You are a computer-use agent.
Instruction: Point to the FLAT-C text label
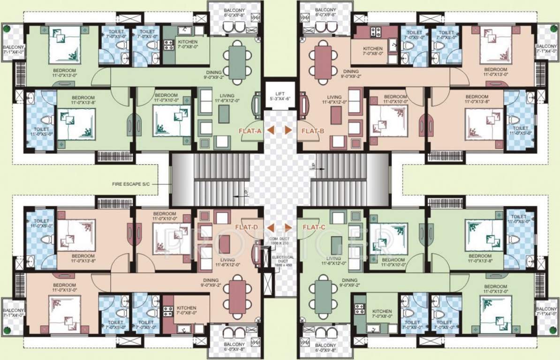tap(314, 228)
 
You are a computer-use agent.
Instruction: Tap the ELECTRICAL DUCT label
tap(283, 261)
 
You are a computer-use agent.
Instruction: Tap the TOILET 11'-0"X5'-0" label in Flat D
tap(41, 224)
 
